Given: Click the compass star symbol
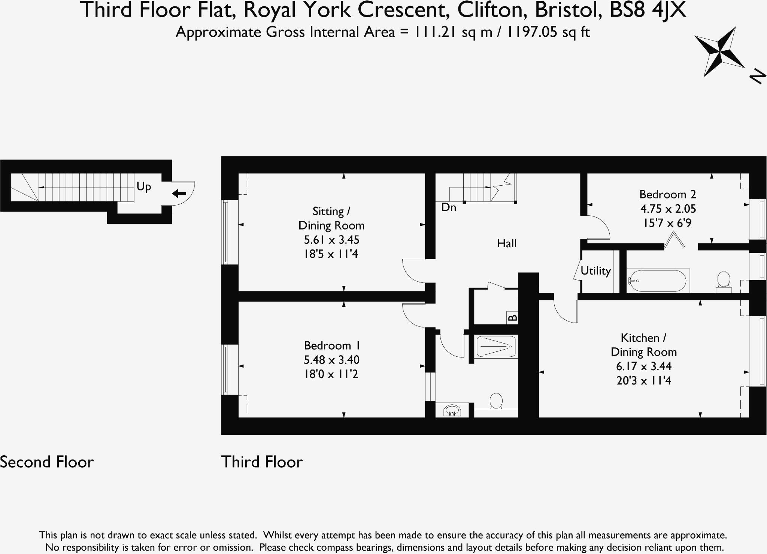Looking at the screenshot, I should coord(719,52).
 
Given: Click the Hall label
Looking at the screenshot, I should coord(506,243).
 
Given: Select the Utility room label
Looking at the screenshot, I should coord(595,271).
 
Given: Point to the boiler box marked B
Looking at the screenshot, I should coord(512,318).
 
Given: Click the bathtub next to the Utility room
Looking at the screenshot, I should coord(657,281).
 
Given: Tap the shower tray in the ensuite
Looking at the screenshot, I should coord(495,346).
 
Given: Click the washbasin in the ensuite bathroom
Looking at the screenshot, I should coord(452,410).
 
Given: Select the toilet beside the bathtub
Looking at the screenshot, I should coord(723,282).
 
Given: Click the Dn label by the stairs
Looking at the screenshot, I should coord(448,207).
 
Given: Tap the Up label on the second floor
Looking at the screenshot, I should coord(144,186).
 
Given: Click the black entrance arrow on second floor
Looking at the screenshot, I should coord(179,194).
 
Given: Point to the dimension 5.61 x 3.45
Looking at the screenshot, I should coord(331,240).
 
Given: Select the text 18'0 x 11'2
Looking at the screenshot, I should coord(331,374).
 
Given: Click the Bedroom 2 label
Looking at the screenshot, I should coord(667,194).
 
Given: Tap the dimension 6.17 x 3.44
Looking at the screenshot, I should coord(643,366).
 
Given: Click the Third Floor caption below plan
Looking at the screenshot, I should coord(262,462).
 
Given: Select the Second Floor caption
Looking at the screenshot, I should coord(47,462).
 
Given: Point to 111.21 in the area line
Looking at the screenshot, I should coord(435,32).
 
